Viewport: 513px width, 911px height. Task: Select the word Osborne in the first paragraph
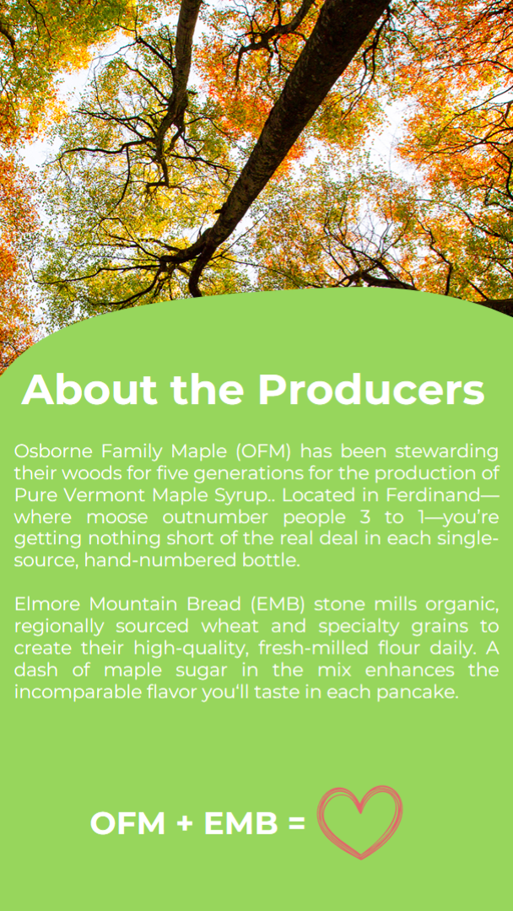pos(53,450)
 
